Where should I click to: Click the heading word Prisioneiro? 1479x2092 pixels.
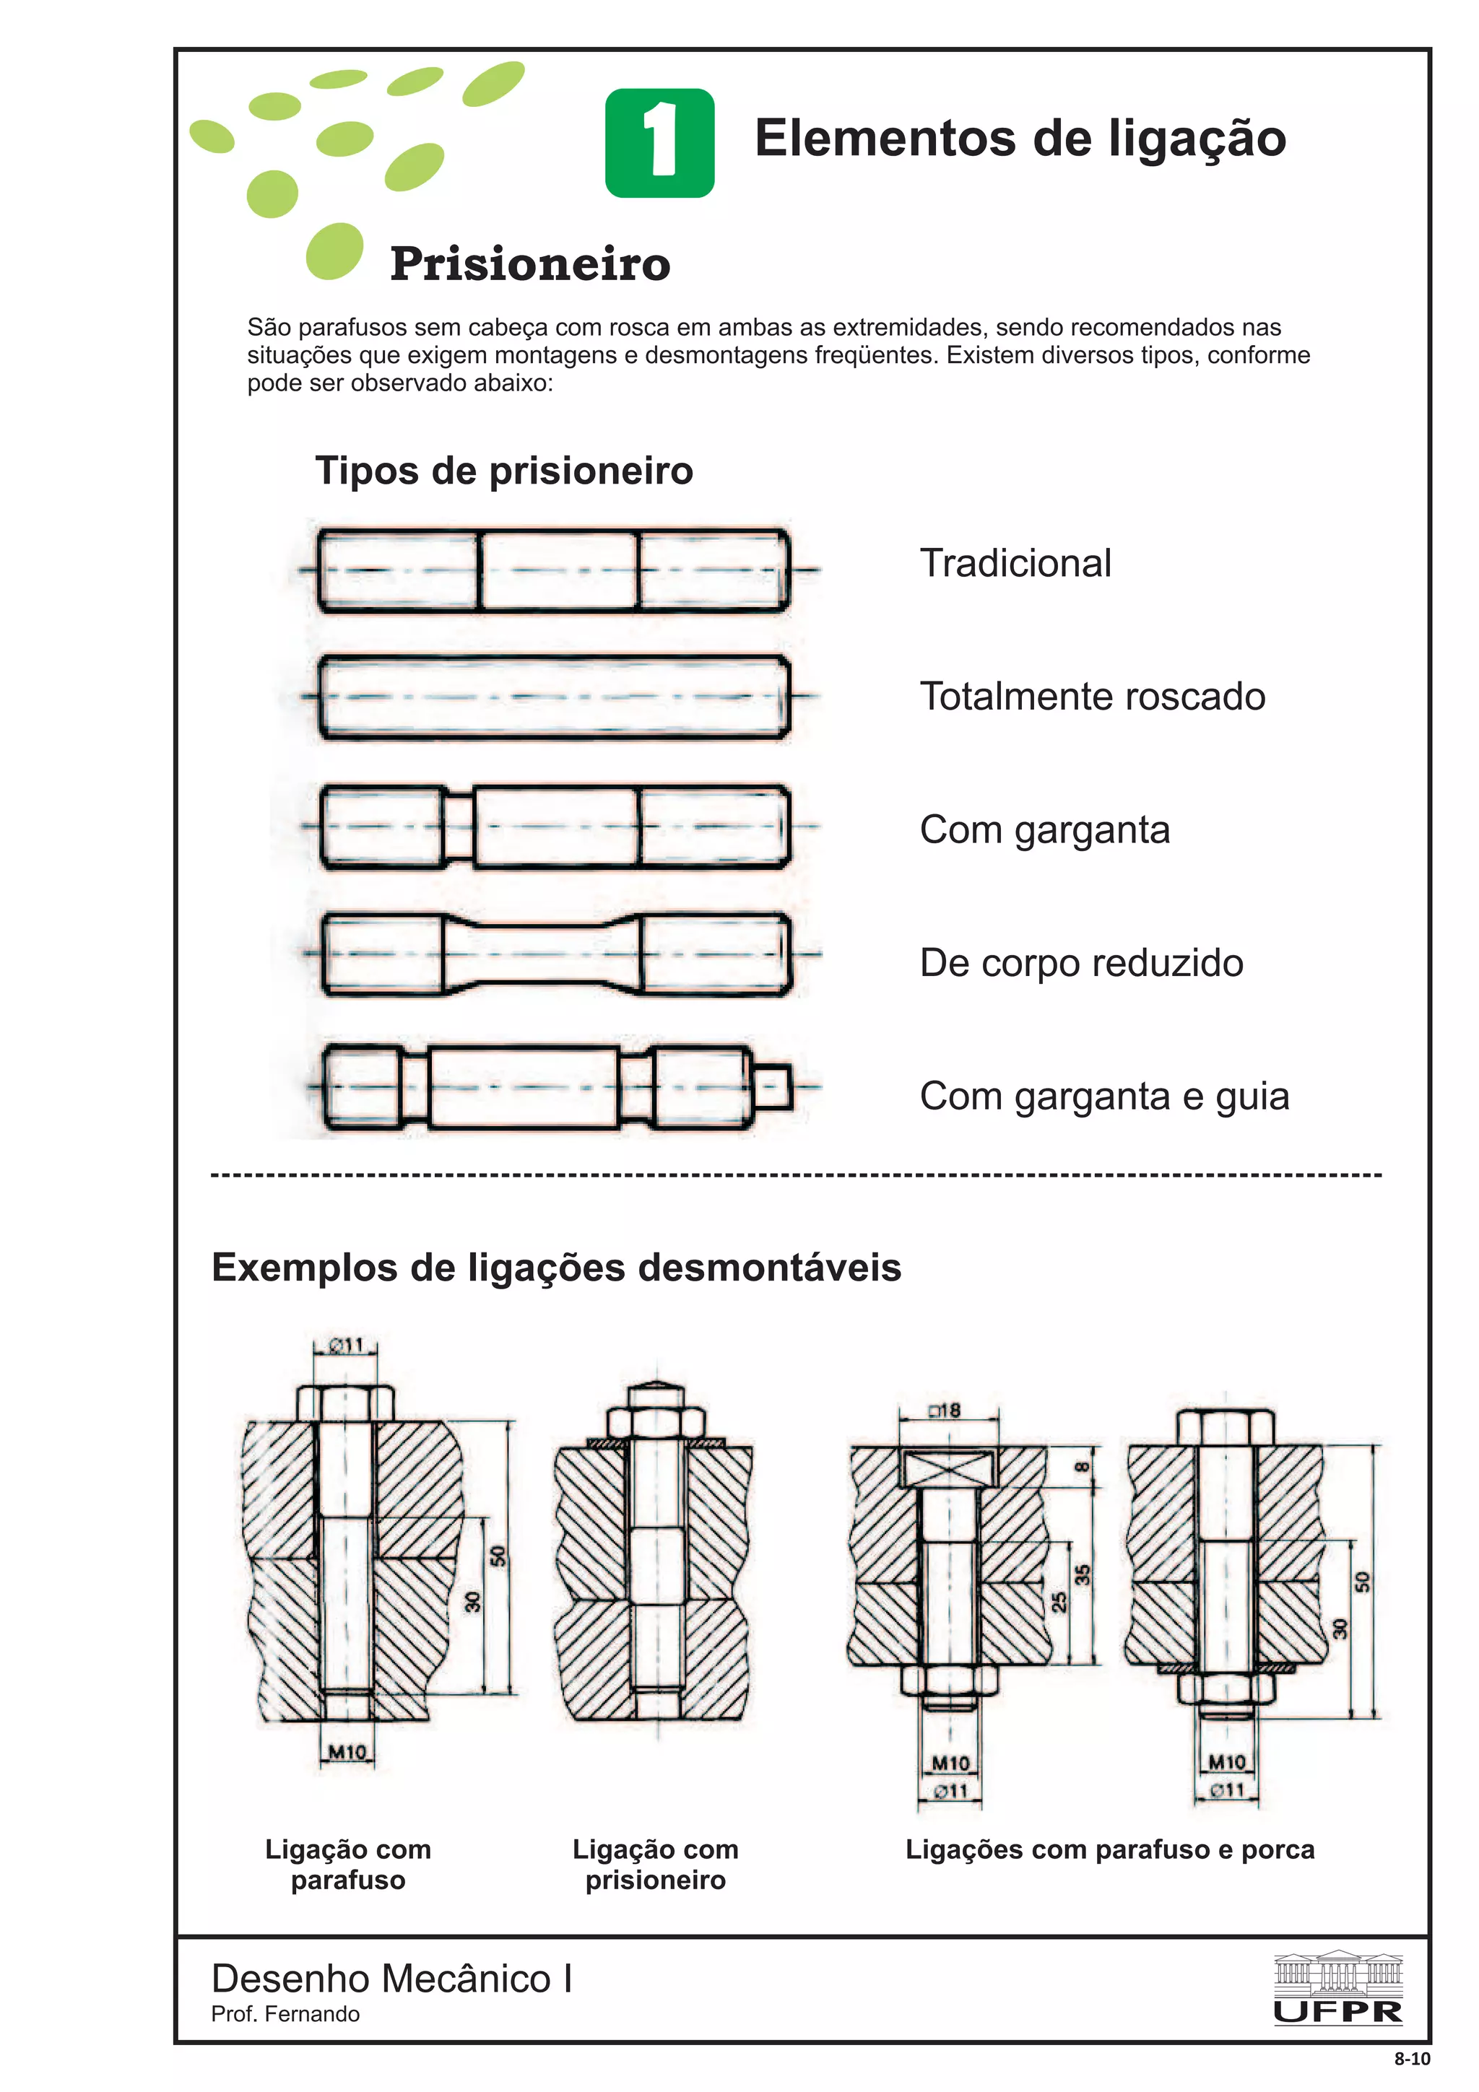click(529, 264)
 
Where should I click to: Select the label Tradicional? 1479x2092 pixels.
click(1015, 563)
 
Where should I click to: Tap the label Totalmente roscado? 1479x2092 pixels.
click(1092, 696)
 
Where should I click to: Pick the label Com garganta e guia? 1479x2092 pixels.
click(1103, 1096)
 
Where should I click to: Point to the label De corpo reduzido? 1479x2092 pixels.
click(1081, 963)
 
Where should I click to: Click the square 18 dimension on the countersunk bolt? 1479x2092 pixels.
click(945, 1411)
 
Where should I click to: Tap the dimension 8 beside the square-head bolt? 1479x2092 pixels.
click(1082, 1467)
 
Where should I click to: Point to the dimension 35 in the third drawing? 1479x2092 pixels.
click(1083, 1574)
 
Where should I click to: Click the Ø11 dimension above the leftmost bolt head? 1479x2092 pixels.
click(347, 1345)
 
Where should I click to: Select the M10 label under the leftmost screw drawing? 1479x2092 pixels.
click(347, 1751)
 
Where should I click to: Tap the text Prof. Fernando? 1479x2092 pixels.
click(285, 2013)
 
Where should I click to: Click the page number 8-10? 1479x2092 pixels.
click(1412, 2058)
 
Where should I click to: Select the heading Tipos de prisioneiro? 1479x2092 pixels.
click(504, 471)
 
